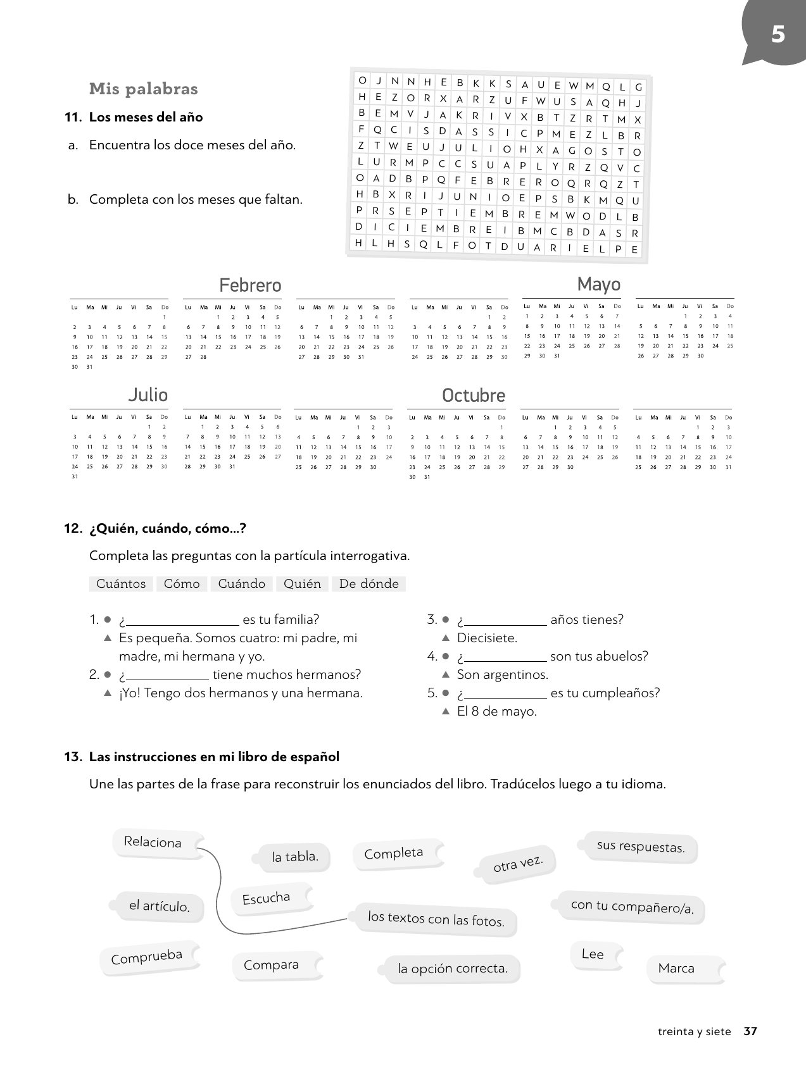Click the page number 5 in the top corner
pyautogui.click(x=778, y=34)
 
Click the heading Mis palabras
pyautogui.click(x=144, y=89)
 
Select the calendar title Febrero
pyautogui.click(x=250, y=285)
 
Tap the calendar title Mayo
pyautogui.click(x=598, y=284)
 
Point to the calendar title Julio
pyautogui.click(x=148, y=395)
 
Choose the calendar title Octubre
pyautogui.click(x=473, y=395)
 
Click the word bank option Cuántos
pyautogui.click(x=121, y=583)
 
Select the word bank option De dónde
pyautogui.click(x=368, y=583)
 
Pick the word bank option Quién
pyautogui.click(x=302, y=583)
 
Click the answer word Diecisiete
pyautogui.click(x=487, y=638)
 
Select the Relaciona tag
pyautogui.click(x=153, y=842)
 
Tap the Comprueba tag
pyautogui.click(x=146, y=957)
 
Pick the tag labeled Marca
pyautogui.click(x=676, y=968)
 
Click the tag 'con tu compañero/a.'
pyautogui.click(x=632, y=907)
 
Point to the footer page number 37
pyautogui.click(x=750, y=1031)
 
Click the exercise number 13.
pyautogui.click(x=73, y=757)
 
